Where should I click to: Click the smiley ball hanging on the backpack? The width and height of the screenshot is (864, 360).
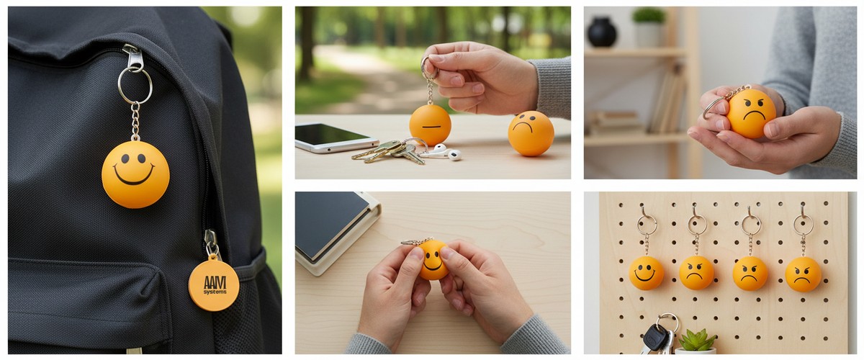point(135,174)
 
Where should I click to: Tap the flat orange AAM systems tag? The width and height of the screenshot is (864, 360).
point(214,284)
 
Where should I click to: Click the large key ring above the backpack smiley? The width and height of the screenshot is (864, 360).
point(135,86)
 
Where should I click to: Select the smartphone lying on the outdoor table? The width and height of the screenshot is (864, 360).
point(335,138)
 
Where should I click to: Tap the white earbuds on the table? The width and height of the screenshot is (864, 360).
point(444,153)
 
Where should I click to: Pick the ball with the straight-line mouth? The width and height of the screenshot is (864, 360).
point(430,125)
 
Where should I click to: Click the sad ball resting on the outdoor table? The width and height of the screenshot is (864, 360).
point(531,133)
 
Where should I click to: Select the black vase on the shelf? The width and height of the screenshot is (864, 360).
point(602,32)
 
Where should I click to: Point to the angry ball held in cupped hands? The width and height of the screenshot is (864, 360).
point(751,114)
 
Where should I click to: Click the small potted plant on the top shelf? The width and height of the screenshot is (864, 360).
point(649,27)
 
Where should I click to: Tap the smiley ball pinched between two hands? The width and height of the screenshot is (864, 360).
point(433,260)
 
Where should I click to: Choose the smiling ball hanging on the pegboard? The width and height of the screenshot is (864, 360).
point(647,273)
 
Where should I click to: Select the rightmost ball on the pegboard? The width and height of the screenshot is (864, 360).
point(804,274)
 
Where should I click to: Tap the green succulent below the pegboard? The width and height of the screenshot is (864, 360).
point(697,341)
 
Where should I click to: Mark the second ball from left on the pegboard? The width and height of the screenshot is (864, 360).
point(696,273)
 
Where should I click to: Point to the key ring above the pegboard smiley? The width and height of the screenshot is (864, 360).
point(647,225)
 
